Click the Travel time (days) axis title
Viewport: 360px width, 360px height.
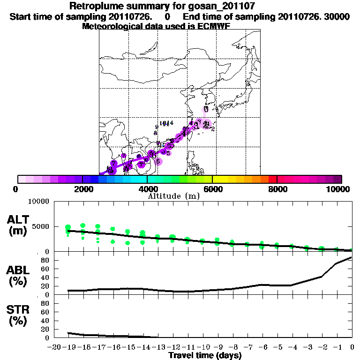tap(205, 356)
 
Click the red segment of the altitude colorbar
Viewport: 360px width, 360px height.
tap(272, 179)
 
